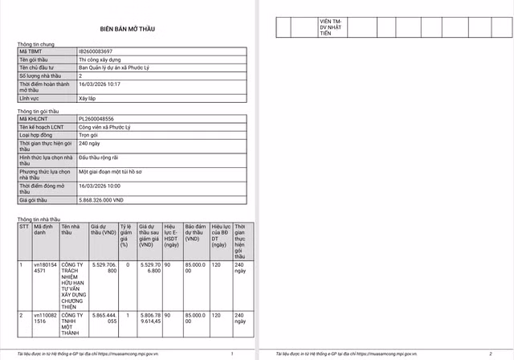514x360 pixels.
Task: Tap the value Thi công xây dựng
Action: [100, 59]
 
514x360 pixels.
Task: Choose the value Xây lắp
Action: [88, 97]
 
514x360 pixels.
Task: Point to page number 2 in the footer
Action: [490, 354]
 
